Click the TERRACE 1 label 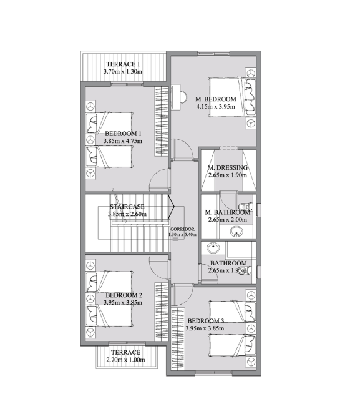pyautogui.click(x=123, y=64)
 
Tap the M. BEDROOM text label pyautogui.click(x=216, y=99)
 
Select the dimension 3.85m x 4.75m pyautogui.click(x=123, y=141)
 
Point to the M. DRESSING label pyautogui.click(x=228, y=168)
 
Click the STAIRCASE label pyautogui.click(x=127, y=207)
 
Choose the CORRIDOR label pyautogui.click(x=182, y=229)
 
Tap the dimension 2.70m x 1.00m pyautogui.click(x=125, y=360)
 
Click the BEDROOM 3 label pyautogui.click(x=206, y=321)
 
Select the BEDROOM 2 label pyautogui.click(x=124, y=295)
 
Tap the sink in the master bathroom pyautogui.click(x=236, y=232)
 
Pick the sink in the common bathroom pyautogui.click(x=213, y=248)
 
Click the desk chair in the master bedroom pyautogui.click(x=184, y=97)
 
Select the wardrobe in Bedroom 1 pyautogui.click(x=162, y=122)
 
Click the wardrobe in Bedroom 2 pyautogui.click(x=162, y=312)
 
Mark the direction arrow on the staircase pyautogui.click(x=171, y=207)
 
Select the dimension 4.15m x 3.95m pyautogui.click(x=216, y=106)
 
